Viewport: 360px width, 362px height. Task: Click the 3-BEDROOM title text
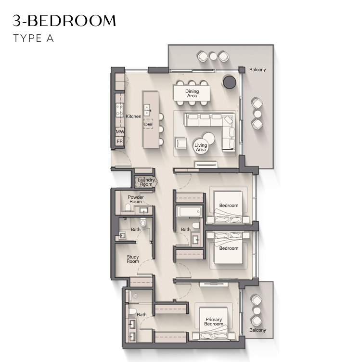pos(64,20)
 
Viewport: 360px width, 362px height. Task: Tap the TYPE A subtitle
pos(34,39)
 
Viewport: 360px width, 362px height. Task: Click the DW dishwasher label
pos(148,124)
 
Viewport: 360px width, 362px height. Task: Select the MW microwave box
pos(120,132)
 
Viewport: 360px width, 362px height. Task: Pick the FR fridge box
pos(119,142)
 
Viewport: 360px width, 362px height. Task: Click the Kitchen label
pos(133,116)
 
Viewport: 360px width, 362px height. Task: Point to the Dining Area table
pos(192,93)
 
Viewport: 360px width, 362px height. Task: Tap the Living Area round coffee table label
pos(201,147)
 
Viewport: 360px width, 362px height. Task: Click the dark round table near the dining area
pos(230,82)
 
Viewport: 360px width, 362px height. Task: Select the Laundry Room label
pos(146,182)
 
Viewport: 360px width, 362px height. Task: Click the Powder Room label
pos(136,199)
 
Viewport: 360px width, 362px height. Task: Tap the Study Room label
pos(133,259)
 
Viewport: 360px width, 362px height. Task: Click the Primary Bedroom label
pos(214,322)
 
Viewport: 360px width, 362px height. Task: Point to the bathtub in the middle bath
pos(189,212)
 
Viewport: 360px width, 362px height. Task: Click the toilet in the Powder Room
pos(128,208)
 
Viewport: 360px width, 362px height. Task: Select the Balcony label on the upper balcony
pos(257,70)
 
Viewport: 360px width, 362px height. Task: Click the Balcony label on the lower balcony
pos(257,330)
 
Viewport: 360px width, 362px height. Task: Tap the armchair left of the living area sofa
pos(181,143)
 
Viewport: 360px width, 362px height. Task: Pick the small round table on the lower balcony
pos(257,310)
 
